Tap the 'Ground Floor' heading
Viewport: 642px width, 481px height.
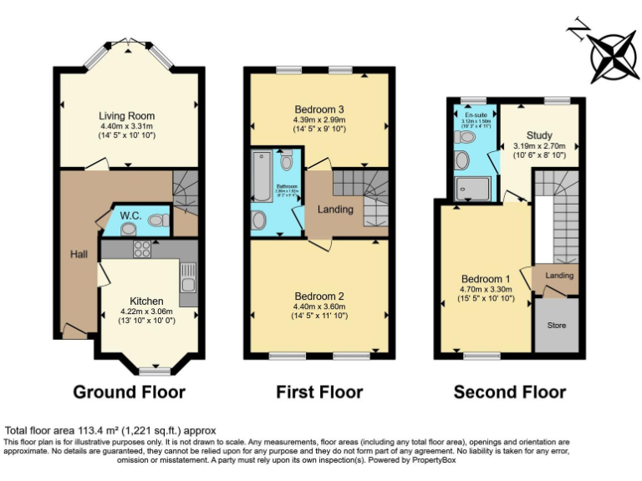[129, 392]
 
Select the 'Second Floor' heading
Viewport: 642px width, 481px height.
[509, 392]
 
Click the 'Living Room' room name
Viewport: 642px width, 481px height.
[127, 116]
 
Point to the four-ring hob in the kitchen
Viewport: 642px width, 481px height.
[141, 248]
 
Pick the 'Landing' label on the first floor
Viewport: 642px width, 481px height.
[335, 209]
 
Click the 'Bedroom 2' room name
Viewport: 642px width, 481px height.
[318, 296]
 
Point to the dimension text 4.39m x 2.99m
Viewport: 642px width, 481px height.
[318, 120]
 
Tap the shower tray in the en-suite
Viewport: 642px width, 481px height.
[474, 188]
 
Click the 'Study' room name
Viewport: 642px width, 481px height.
[539, 135]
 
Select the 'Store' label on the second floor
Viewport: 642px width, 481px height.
[556, 324]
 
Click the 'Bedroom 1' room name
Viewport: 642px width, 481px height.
[486, 279]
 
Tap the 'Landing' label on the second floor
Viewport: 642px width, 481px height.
[559, 275]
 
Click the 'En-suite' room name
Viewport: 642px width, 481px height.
[475, 114]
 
